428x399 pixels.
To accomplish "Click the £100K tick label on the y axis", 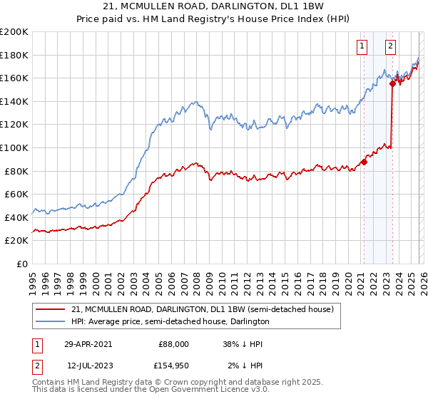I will click(x=14, y=147).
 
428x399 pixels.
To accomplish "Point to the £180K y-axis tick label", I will click(x=14, y=55).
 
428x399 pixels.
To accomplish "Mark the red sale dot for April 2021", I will click(x=364, y=162).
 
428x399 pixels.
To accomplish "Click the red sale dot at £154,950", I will click(x=392, y=83).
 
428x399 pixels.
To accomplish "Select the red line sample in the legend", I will click(x=51, y=309).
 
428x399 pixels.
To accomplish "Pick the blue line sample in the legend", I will click(x=51, y=321).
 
